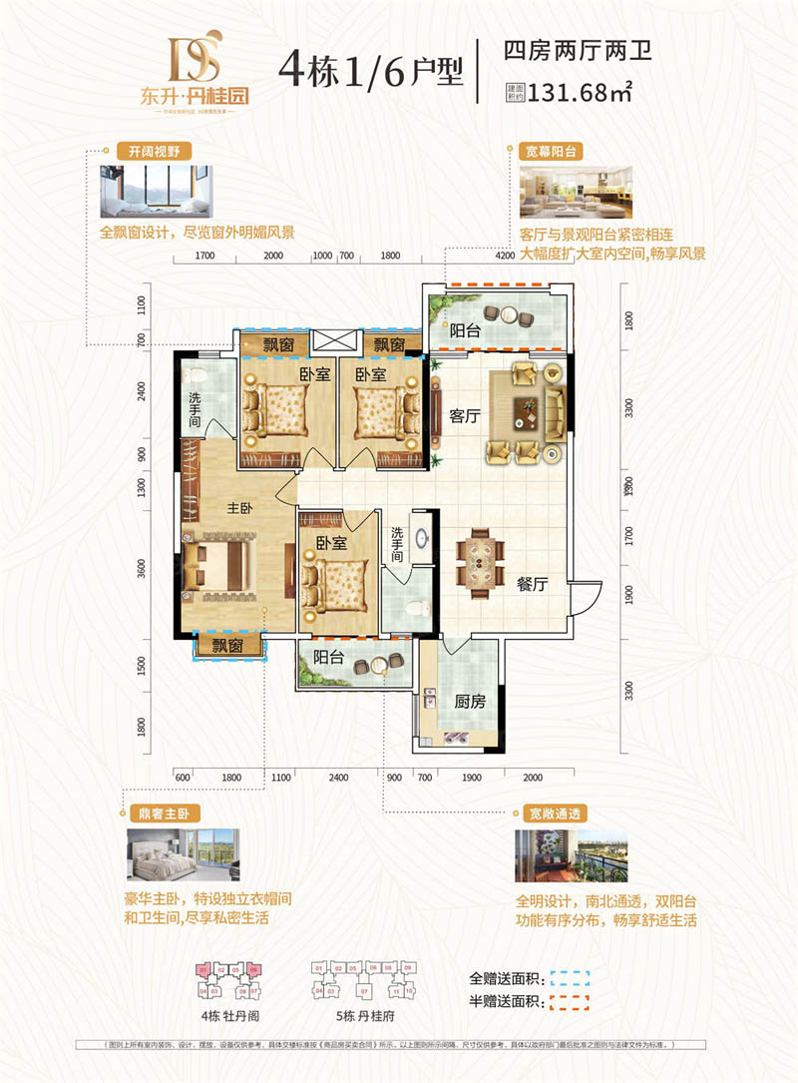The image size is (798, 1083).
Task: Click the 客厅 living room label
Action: tap(465, 416)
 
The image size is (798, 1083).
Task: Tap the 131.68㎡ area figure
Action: tap(584, 94)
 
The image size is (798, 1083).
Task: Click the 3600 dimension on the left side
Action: tap(143, 570)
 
